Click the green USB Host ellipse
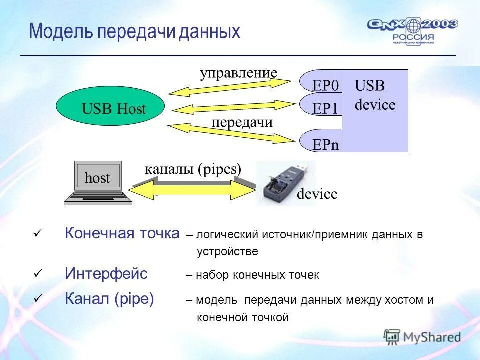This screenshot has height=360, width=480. pos(110,106)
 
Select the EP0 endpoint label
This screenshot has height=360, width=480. pos(325,86)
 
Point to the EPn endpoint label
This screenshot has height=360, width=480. pos(325,144)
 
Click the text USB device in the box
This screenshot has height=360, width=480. pos(375,95)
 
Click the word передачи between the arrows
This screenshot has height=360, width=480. pos(242,122)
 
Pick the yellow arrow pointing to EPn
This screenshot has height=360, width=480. pos(230,132)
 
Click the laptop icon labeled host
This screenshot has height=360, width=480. pos(98,183)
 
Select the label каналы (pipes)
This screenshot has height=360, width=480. pos(193,169)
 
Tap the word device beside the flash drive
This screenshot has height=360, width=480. pos(317,194)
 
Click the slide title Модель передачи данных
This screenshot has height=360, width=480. pos(134,31)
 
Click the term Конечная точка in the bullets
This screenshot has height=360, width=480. pos(122,233)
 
